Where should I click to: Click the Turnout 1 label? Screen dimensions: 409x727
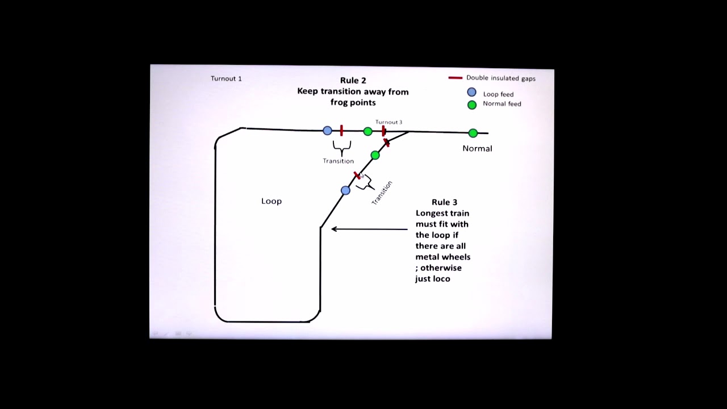(x=226, y=78)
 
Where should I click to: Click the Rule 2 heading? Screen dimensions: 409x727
(x=353, y=81)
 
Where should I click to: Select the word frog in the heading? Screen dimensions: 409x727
(x=341, y=102)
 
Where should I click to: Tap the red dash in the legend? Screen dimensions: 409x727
(x=455, y=78)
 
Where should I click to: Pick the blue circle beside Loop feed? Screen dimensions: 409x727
(x=471, y=93)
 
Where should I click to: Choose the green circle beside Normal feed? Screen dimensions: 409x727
(x=471, y=105)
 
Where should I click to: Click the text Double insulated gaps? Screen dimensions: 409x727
(x=500, y=78)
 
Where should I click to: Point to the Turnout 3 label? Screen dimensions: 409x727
(x=388, y=122)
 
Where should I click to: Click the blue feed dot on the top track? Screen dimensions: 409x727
(x=327, y=131)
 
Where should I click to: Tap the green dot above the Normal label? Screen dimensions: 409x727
(x=473, y=133)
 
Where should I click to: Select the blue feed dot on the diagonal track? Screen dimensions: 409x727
(x=345, y=190)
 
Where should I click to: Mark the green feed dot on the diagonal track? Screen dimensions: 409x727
(x=375, y=155)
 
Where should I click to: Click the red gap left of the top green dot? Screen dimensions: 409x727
(x=341, y=131)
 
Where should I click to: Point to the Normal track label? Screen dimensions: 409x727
(x=477, y=148)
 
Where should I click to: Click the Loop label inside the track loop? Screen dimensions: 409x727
(x=271, y=201)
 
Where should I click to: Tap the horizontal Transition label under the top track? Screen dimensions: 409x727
(x=338, y=161)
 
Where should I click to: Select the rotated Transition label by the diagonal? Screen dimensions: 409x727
(x=382, y=193)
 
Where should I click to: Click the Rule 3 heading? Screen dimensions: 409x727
(x=444, y=202)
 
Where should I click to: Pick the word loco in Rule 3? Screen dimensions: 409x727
(x=441, y=278)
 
